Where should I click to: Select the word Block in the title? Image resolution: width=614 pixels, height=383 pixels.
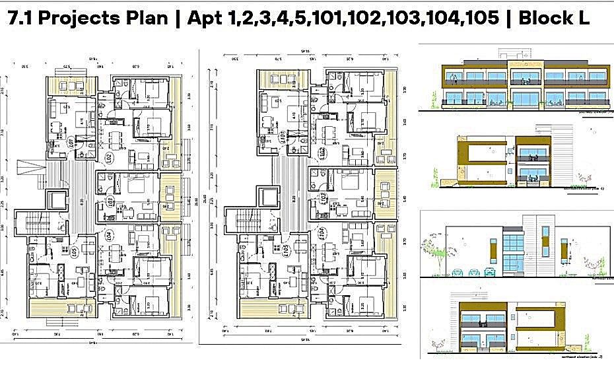coord(545,18)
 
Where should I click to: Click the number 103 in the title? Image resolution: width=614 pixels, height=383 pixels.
coord(397,18)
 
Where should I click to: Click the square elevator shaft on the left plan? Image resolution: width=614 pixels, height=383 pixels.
coord(57,197)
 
